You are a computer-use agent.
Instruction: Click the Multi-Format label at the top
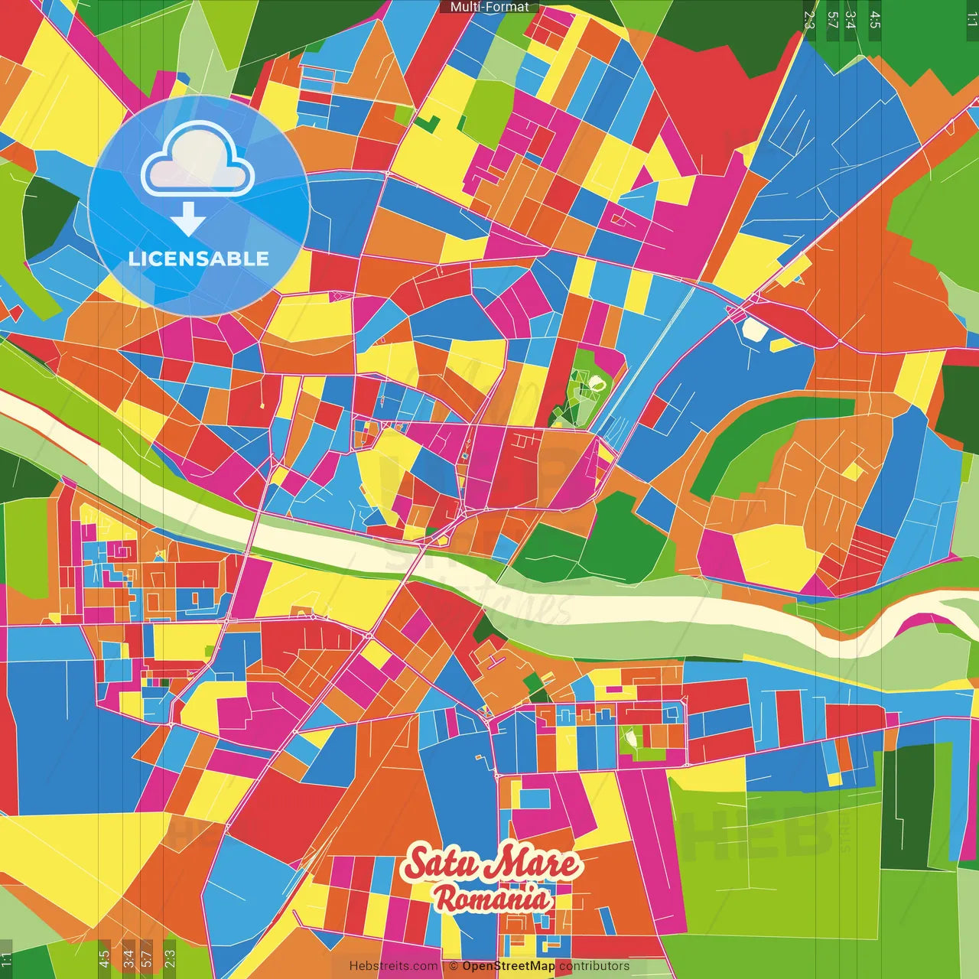tap(489, 7)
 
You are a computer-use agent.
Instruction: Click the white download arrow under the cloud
tap(188, 220)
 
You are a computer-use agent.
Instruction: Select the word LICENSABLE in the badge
tap(198, 259)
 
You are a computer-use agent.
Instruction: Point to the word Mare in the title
tap(535, 864)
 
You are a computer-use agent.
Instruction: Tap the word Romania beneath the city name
tap(492, 898)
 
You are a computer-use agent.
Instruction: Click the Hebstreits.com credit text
tap(393, 966)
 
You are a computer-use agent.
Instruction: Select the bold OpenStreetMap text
tap(508, 966)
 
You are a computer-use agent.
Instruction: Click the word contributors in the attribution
tap(594, 966)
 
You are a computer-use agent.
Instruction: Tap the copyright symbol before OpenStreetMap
tap(454, 966)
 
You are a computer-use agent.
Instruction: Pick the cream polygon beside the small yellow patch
tap(754, 329)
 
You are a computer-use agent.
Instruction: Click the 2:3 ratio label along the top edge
tap(810, 20)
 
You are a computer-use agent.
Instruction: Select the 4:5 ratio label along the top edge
tap(875, 20)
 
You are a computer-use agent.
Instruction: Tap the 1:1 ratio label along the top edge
tap(971, 20)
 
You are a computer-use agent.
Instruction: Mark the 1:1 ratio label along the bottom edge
tap(6, 958)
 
